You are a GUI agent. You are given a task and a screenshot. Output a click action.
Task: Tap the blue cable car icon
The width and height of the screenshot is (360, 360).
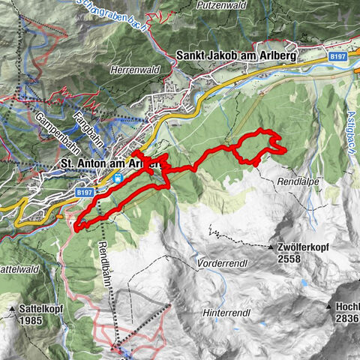click(118, 179)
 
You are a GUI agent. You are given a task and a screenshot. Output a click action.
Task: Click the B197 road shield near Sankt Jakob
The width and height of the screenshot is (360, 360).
click(340, 55)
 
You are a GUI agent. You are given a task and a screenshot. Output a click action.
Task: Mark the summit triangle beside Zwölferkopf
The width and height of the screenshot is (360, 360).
click(272, 247)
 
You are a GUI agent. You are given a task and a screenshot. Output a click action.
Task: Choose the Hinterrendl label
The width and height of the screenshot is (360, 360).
click(225, 312)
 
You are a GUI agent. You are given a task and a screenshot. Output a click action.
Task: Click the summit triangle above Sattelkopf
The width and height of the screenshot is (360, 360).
click(13, 308)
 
